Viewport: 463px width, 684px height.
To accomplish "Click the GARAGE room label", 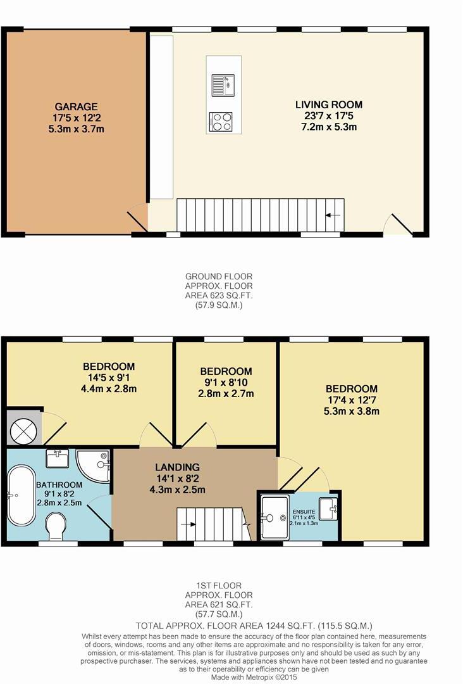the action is coord(77,106).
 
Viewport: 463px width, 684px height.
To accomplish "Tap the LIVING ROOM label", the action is coord(329,104).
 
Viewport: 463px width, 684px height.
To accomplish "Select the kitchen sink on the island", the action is coord(223,85).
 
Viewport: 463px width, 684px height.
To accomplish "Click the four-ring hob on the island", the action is coord(220,121).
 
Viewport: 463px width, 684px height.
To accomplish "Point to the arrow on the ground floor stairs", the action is coord(333,215).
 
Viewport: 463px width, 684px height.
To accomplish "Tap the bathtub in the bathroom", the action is coord(21,495).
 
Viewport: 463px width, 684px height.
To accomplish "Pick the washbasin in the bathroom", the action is coord(57,459).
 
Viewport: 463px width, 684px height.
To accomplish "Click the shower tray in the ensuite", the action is coord(275,517).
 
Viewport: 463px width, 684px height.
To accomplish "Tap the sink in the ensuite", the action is coord(328,509).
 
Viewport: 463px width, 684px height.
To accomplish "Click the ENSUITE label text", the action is coord(304,512).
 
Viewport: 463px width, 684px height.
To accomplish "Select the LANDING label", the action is coord(177,467).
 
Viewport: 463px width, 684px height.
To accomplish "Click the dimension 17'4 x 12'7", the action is coord(352,400).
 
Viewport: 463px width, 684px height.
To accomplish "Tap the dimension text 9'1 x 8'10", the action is coord(226,383).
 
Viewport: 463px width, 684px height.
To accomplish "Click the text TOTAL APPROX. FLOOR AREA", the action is coord(209,626).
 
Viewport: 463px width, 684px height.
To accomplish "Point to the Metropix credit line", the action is coord(254,678).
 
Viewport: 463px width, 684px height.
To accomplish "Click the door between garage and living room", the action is coord(138,221).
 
